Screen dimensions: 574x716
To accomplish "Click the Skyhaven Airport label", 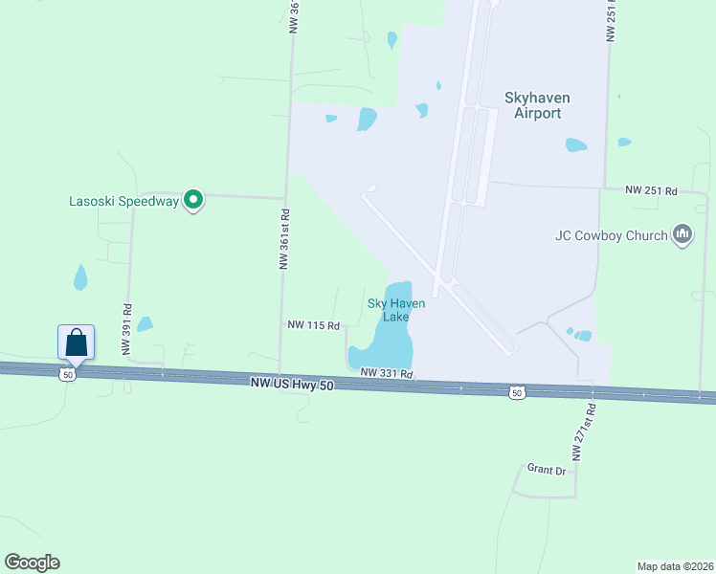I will point(532,104).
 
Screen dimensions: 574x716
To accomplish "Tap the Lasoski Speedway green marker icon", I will point(193,201).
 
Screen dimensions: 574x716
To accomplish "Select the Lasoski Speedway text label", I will point(123,202).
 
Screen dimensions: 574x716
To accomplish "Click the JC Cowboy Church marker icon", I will point(682,234).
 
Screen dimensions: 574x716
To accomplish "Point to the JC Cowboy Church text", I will point(610,235).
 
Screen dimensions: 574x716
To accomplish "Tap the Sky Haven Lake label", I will point(395,310).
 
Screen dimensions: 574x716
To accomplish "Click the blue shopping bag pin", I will point(77,342).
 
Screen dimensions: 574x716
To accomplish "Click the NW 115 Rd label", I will point(313,325).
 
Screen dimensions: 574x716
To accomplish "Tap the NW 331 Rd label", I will point(386,373).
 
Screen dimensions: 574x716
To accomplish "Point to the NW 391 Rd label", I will point(126,329).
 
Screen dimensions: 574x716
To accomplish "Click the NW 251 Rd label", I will point(651,191).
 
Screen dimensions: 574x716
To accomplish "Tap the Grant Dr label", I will point(547,469).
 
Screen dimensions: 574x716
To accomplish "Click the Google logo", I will point(32,563).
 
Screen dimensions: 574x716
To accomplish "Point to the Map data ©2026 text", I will point(675,565).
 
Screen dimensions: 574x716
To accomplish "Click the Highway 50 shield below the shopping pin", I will point(66,375).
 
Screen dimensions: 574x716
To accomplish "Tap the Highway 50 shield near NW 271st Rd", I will point(517,392).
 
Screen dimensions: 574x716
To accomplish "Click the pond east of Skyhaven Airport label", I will point(576,145).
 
